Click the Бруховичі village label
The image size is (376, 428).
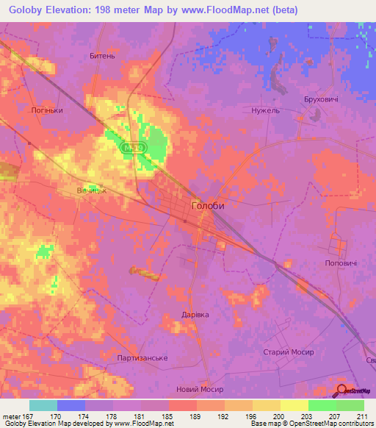tap(320, 99)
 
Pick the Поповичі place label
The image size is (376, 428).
tap(340, 263)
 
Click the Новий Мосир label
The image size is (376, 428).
tap(200, 389)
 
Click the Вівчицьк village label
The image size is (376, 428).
tap(92, 190)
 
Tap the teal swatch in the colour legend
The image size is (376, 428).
tap(43, 404)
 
